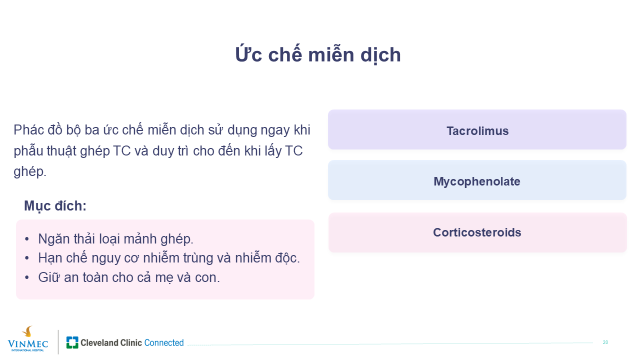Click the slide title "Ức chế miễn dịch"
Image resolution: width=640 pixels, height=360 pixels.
[x=317, y=54]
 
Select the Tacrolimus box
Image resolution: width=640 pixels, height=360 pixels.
[x=477, y=129]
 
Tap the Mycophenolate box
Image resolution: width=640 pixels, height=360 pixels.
[x=477, y=180]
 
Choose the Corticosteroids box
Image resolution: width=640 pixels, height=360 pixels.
[x=477, y=232]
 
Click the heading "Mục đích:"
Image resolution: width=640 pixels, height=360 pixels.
[x=55, y=206]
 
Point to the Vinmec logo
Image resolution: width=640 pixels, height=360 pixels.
[x=27, y=339]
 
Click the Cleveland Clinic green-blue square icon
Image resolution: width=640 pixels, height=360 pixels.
[x=72, y=342]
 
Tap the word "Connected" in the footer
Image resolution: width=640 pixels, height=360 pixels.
[x=164, y=342]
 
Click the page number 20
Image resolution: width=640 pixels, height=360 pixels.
[x=605, y=342]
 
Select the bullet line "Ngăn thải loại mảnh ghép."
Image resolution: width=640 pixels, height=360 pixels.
[x=115, y=239]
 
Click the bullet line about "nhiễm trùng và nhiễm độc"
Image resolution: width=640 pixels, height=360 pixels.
[x=169, y=258]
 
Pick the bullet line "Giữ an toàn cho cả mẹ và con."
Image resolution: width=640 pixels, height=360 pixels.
[x=129, y=277]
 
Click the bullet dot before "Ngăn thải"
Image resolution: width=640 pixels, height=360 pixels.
[x=27, y=239]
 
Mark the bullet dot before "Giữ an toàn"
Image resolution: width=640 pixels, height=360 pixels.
[x=27, y=277]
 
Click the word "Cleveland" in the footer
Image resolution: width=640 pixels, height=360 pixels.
[x=99, y=342]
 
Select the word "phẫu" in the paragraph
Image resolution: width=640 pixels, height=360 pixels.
[x=28, y=151]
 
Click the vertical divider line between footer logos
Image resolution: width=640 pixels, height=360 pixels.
[x=58, y=342]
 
